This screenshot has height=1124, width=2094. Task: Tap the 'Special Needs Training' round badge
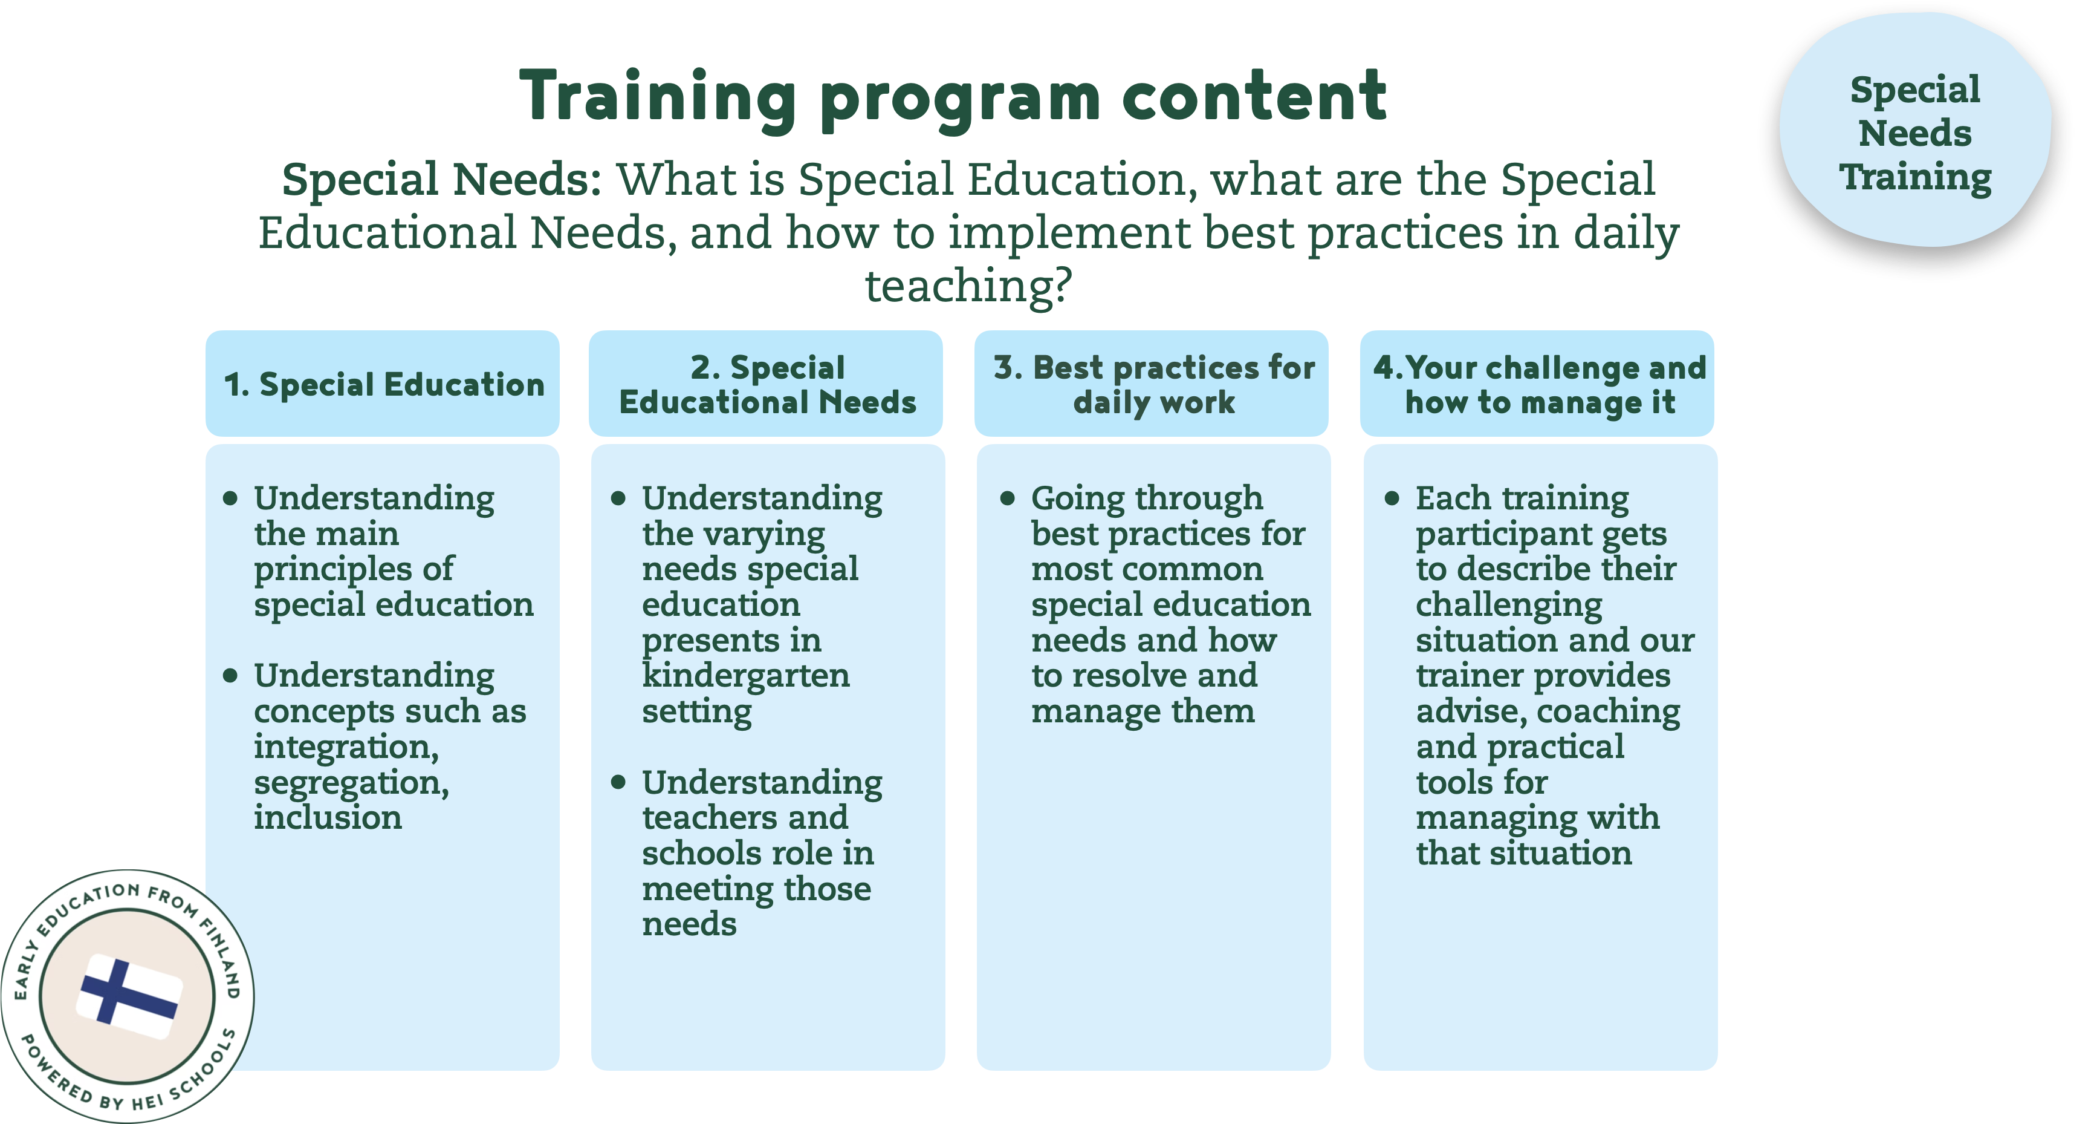point(1914,132)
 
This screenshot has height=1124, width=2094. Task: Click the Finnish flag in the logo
point(128,996)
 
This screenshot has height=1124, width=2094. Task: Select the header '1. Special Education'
point(383,385)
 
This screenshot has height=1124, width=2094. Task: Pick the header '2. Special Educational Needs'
point(767,385)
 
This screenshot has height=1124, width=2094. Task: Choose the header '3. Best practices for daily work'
point(1153,385)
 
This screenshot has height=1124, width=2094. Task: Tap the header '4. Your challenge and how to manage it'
point(1539,385)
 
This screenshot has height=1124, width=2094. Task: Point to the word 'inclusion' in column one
point(328,818)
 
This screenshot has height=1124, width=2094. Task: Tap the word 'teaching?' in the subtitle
point(967,286)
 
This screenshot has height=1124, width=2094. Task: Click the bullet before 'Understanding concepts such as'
point(231,675)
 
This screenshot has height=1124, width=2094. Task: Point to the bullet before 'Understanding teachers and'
point(618,782)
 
